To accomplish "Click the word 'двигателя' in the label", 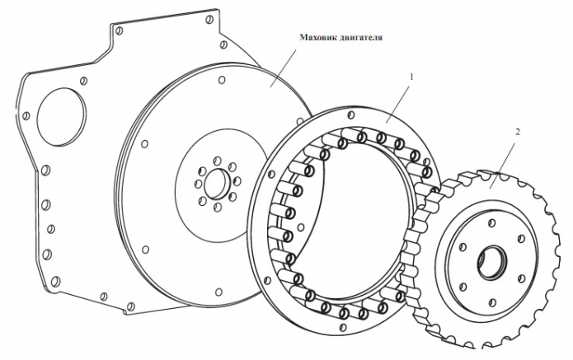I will tap(362, 37).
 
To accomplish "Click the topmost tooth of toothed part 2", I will tap(472, 175).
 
